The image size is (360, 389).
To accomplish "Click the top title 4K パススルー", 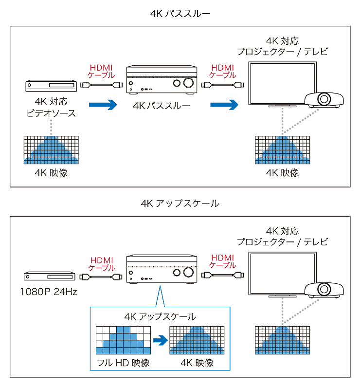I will pyautogui.click(x=180, y=13).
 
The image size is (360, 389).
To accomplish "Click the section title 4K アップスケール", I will pyautogui.click(x=180, y=203).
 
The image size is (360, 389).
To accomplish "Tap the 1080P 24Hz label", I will pyautogui.click(x=49, y=292).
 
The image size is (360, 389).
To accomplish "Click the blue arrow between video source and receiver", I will pyautogui.click(x=103, y=104).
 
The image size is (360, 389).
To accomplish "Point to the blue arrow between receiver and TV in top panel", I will pyautogui.click(x=224, y=104).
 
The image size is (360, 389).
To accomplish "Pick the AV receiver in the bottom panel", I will pyautogui.click(x=161, y=269).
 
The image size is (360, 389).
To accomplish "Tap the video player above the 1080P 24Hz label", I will pyautogui.click(x=51, y=276).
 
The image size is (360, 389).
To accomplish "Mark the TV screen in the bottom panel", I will pyautogui.click(x=282, y=273).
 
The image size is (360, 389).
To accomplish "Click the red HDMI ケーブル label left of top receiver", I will pyautogui.click(x=101, y=71).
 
